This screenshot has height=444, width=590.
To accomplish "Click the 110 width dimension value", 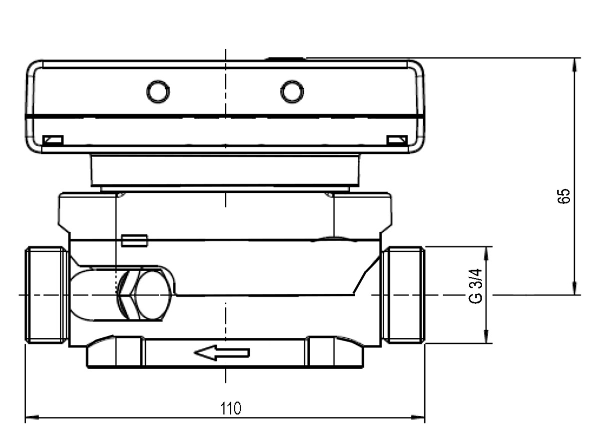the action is point(230,408).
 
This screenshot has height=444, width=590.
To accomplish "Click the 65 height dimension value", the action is point(563,196).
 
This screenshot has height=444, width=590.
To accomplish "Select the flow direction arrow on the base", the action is point(222,353).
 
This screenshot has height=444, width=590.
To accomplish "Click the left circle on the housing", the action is point(158,91).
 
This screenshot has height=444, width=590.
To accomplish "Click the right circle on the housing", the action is point(292,91).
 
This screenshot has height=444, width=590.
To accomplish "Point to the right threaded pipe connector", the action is point(403,295).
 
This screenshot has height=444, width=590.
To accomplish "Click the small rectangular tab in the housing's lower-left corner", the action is point(53,140).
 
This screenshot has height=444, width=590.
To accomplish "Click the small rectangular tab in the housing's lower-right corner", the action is point(397,140).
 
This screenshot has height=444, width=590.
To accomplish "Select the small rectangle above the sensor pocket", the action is point(134,240).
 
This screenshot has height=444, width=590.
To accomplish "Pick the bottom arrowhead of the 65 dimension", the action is point(574,287).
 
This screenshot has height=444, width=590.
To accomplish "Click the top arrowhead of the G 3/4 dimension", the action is point(487,253).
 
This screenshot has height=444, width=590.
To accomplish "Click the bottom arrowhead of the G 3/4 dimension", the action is point(487,336).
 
